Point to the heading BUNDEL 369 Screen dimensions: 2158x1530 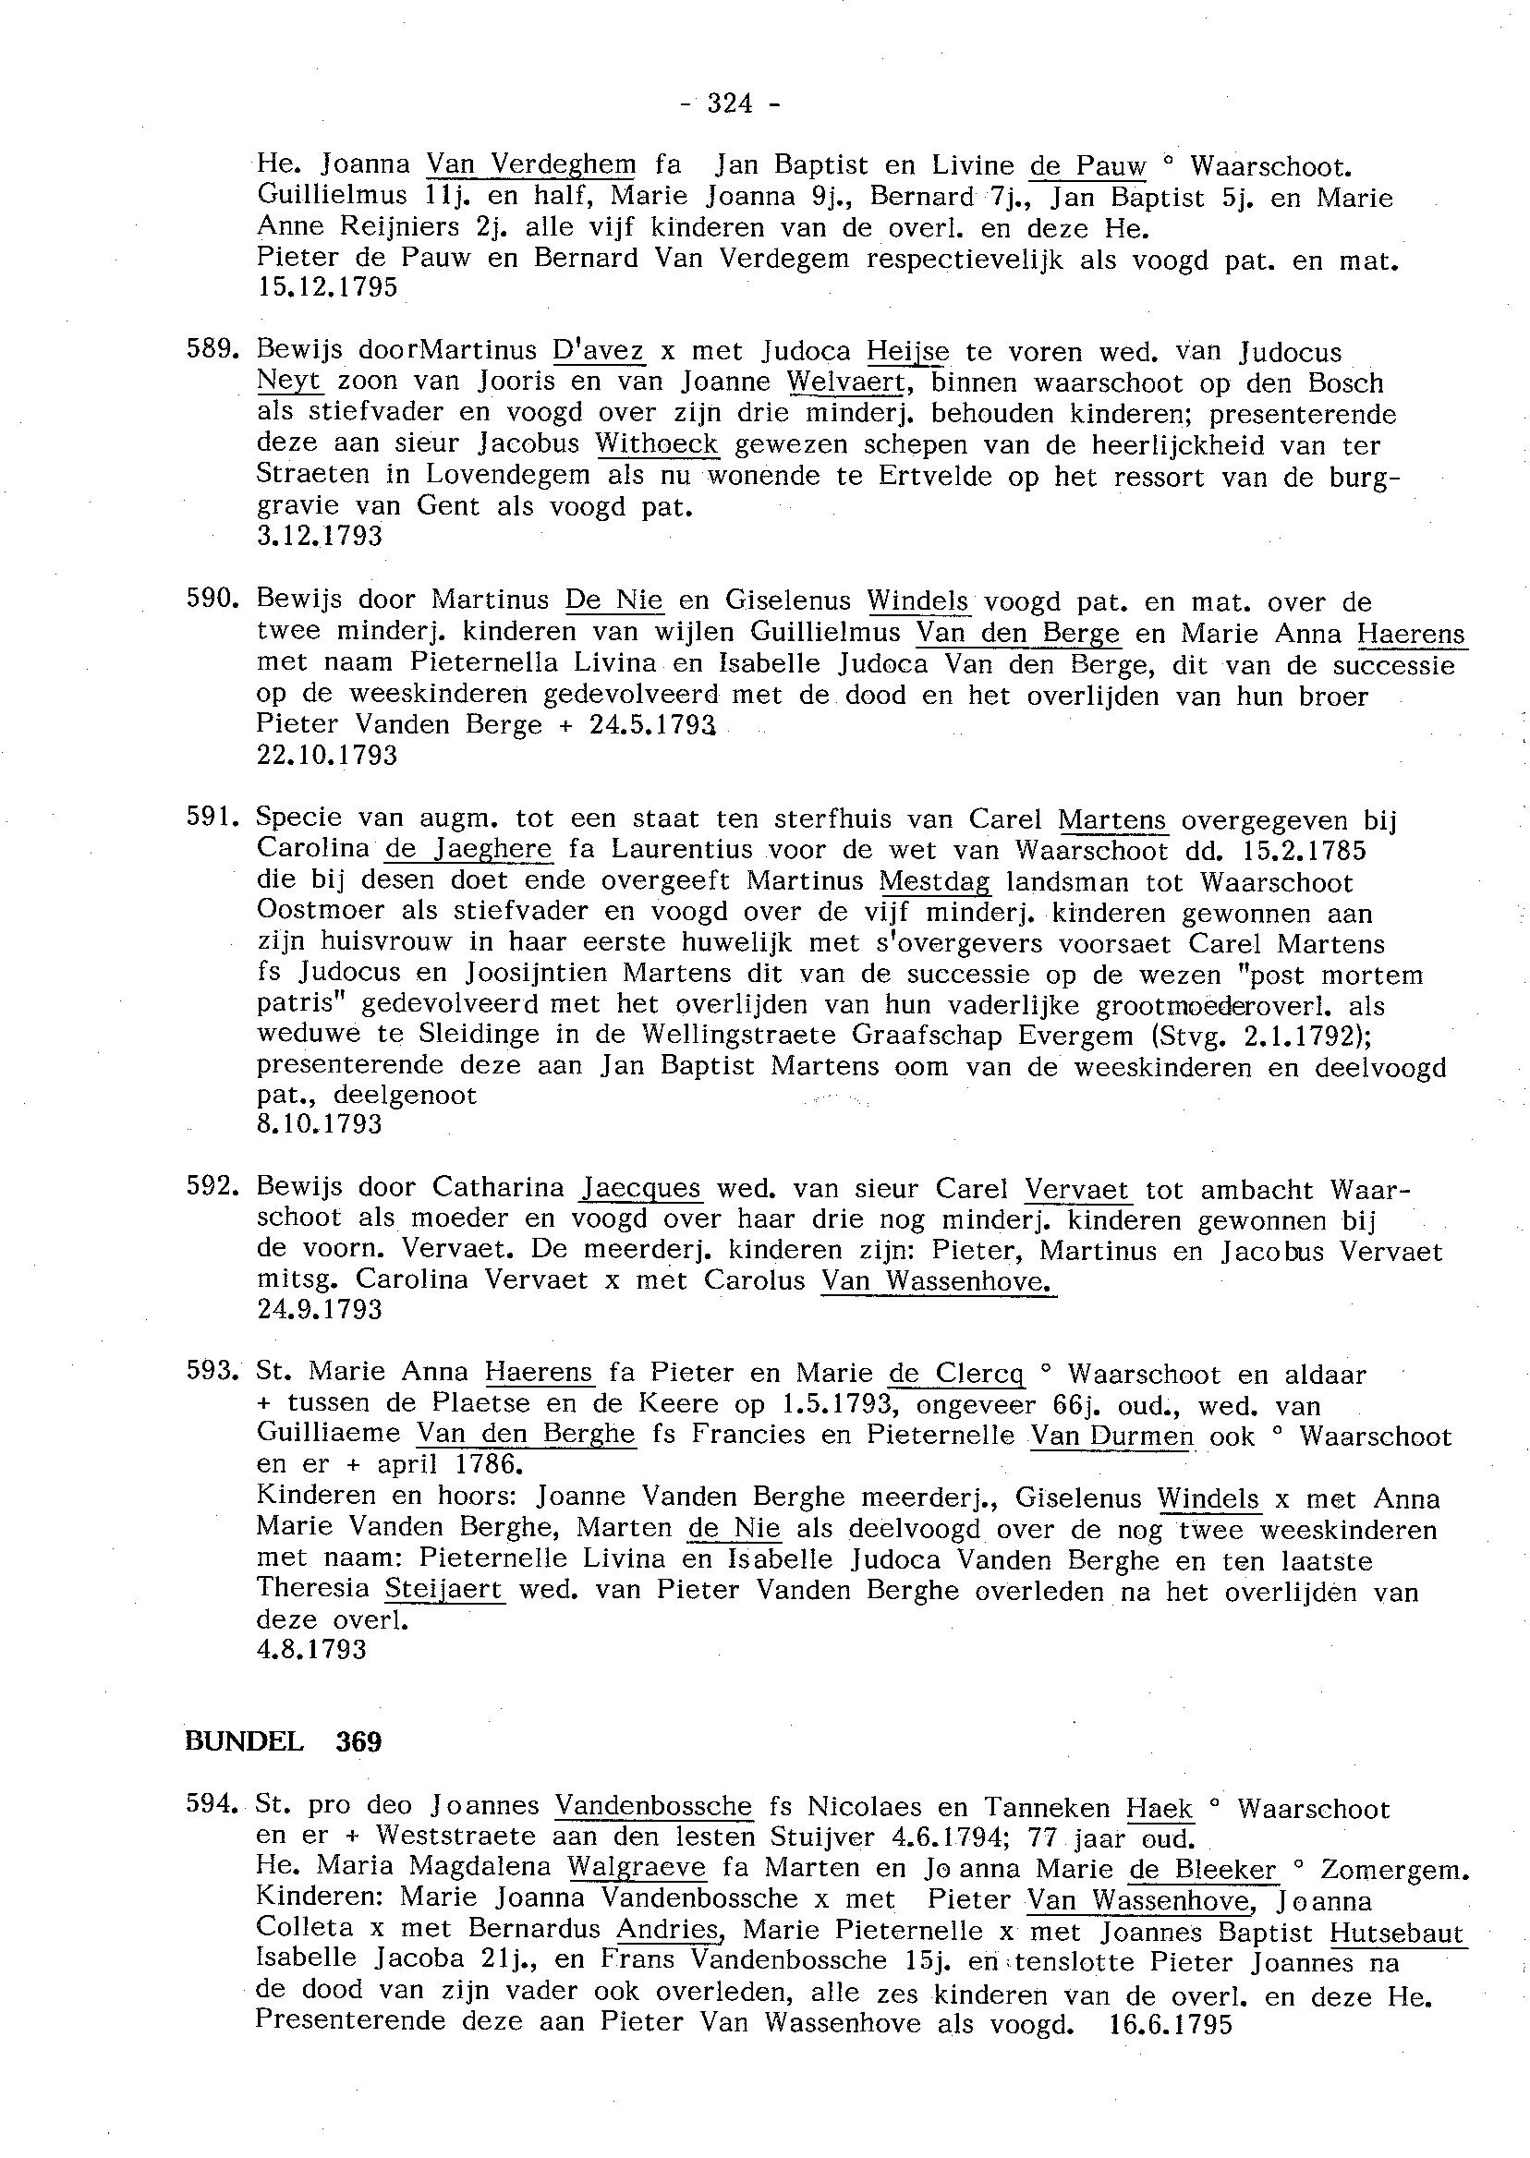(x=284, y=1741)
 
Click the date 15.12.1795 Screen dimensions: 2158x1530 (x=327, y=287)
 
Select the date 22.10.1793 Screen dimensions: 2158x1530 (x=327, y=755)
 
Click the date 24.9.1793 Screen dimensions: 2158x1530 (x=320, y=1309)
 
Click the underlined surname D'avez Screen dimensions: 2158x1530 (x=599, y=351)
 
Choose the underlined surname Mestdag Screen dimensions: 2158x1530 (x=935, y=881)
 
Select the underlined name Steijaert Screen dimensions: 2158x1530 (x=444, y=1590)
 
